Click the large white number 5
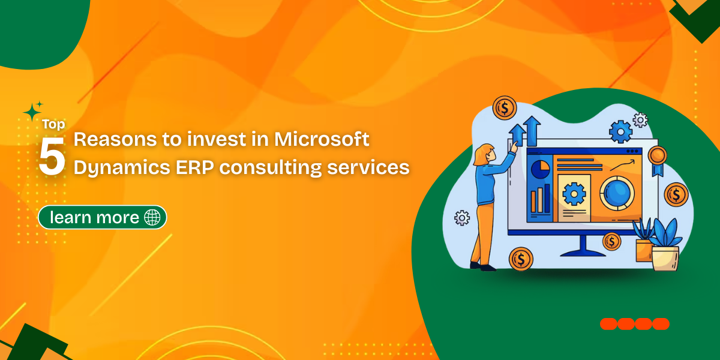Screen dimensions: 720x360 click(52, 156)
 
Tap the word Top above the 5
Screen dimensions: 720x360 click(53, 124)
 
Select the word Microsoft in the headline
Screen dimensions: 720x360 click(322, 139)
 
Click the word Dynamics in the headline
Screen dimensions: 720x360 click(122, 168)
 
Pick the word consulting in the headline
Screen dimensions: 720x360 click(271, 168)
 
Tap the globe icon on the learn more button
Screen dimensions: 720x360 click(152, 217)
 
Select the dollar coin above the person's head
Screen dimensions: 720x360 click(505, 108)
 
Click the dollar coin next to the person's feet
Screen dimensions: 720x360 click(521, 259)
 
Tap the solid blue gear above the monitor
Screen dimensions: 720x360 click(620, 132)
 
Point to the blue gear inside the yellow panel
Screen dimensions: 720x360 click(574, 194)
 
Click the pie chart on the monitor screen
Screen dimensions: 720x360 click(541, 169)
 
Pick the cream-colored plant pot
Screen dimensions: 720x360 click(665, 259)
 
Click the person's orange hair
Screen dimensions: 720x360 click(481, 155)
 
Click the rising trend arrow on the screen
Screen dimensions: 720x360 click(622, 165)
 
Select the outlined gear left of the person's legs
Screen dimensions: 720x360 click(462, 218)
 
